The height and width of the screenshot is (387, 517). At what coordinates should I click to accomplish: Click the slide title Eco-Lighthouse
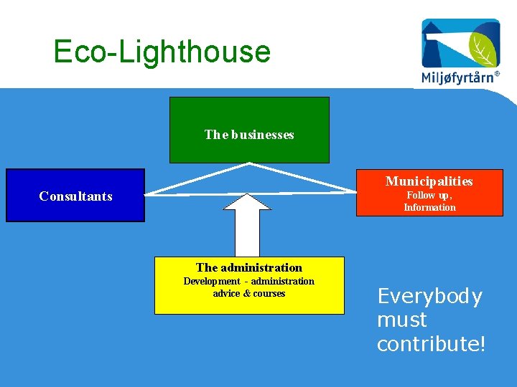(x=162, y=52)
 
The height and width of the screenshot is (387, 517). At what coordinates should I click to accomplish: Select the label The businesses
(x=249, y=135)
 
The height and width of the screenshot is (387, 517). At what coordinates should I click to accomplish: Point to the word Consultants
(x=76, y=196)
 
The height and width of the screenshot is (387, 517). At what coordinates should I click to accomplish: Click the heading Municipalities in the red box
(x=429, y=181)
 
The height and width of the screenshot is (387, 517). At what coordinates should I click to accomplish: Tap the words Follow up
(x=429, y=195)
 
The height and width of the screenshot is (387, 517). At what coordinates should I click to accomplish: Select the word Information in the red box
(x=429, y=208)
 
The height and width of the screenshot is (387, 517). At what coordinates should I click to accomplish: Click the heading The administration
(x=249, y=268)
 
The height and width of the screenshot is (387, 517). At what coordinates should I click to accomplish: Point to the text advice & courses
(x=249, y=294)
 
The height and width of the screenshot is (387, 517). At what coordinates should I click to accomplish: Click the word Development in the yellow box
(x=212, y=281)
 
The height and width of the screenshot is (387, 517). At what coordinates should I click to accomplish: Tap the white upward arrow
(x=246, y=226)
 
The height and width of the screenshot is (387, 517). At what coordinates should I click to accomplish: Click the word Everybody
(x=429, y=297)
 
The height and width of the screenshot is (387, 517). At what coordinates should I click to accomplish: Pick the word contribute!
(x=431, y=344)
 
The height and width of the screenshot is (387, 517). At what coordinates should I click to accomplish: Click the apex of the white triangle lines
(x=249, y=164)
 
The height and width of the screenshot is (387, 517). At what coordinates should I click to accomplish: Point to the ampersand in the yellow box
(x=246, y=294)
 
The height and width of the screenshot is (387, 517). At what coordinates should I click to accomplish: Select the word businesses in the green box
(x=263, y=135)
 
